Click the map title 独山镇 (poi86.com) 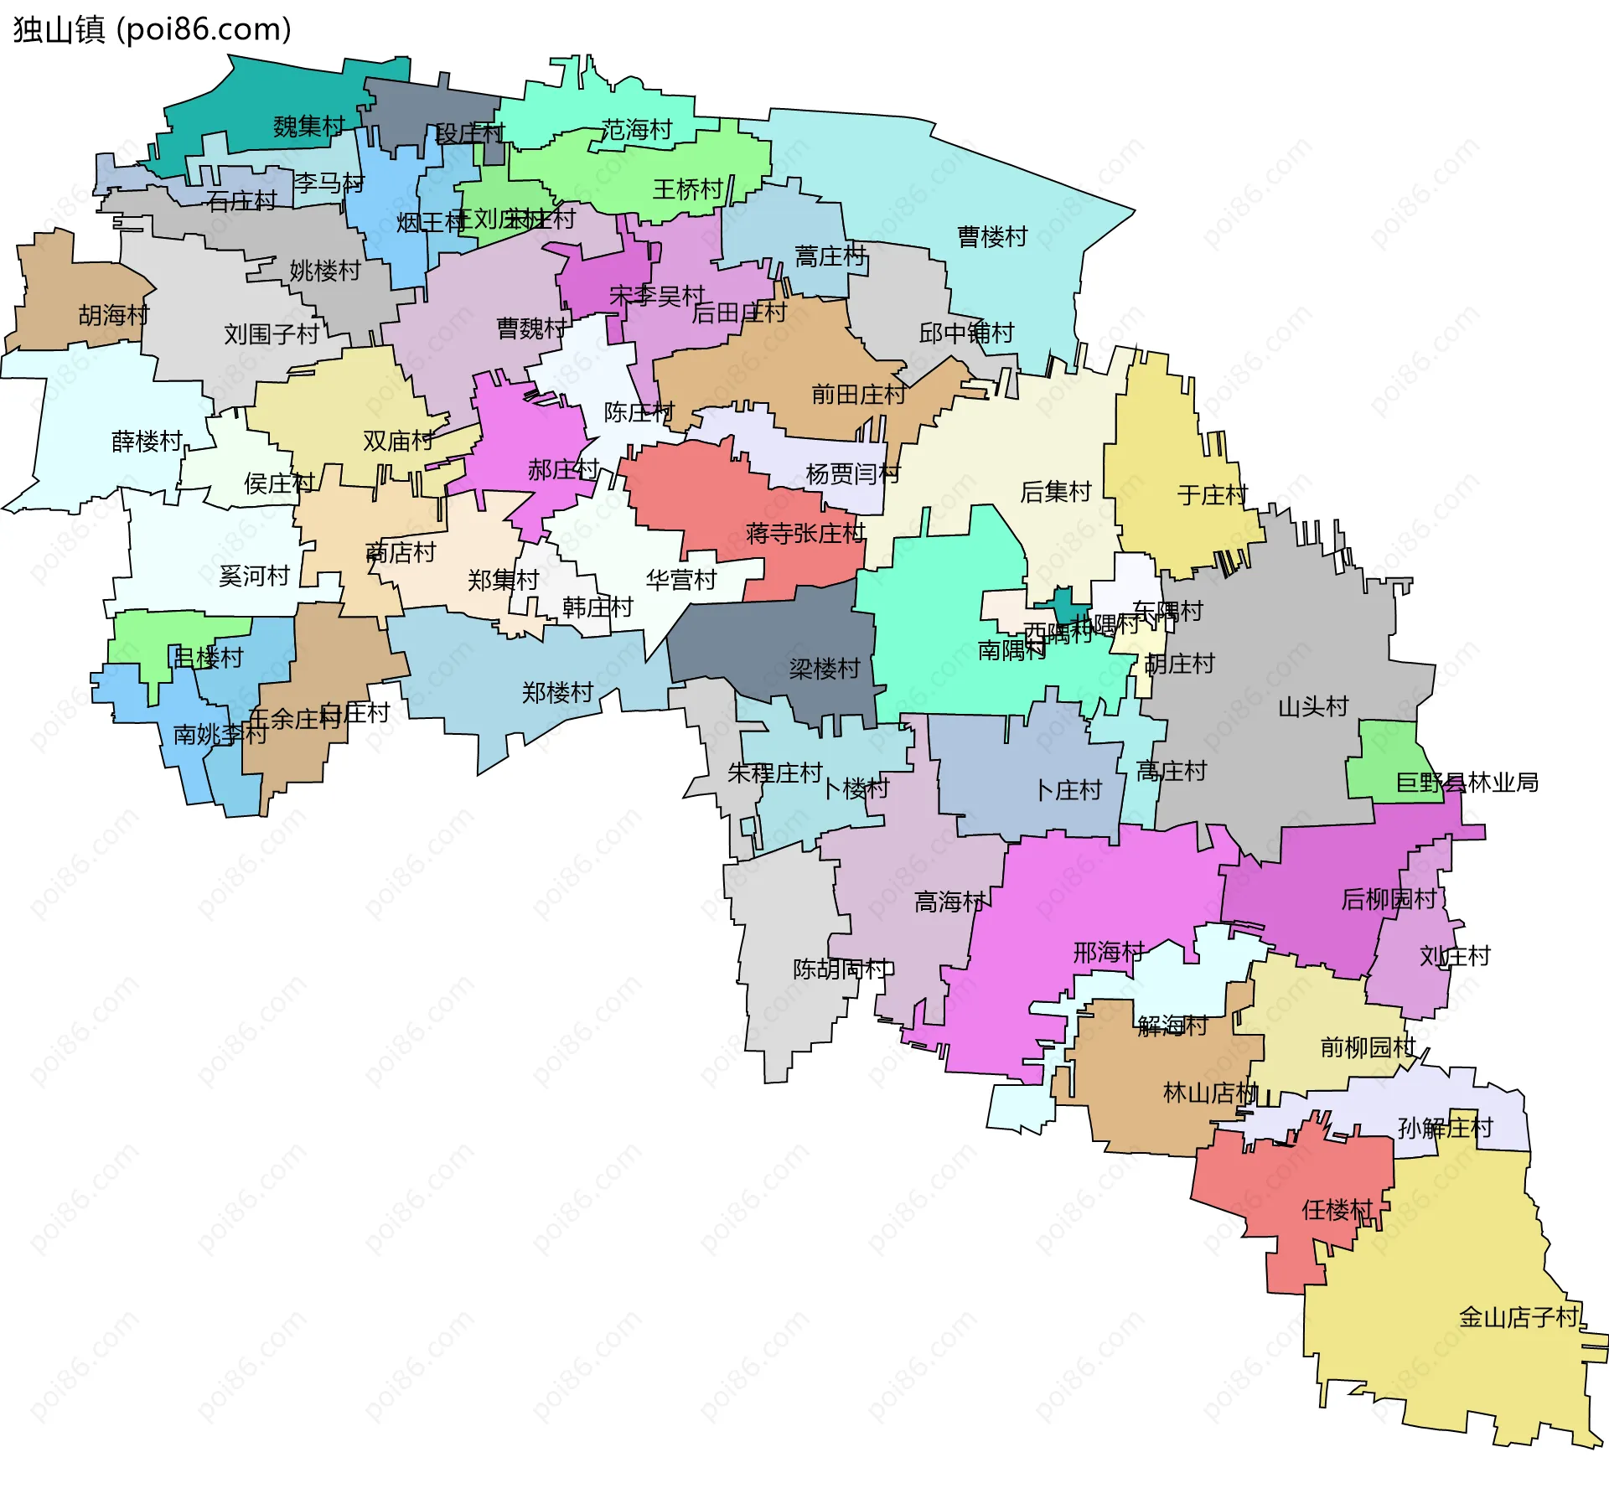coord(152,29)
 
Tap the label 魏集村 coord(308,127)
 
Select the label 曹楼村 coord(992,237)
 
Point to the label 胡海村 coord(114,315)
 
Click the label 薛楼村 coord(147,441)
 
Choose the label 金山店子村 coord(1518,1317)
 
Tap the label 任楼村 coord(1337,1210)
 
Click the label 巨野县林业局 coord(1467,783)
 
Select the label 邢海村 coord(1109,953)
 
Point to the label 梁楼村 coord(825,669)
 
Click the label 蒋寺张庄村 coord(805,533)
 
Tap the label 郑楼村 coord(557,693)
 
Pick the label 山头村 coord(1313,706)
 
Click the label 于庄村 coord(1213,494)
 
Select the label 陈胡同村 coord(842,969)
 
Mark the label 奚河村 coord(254,576)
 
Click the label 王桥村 coord(688,189)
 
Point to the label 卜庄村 coord(1068,790)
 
